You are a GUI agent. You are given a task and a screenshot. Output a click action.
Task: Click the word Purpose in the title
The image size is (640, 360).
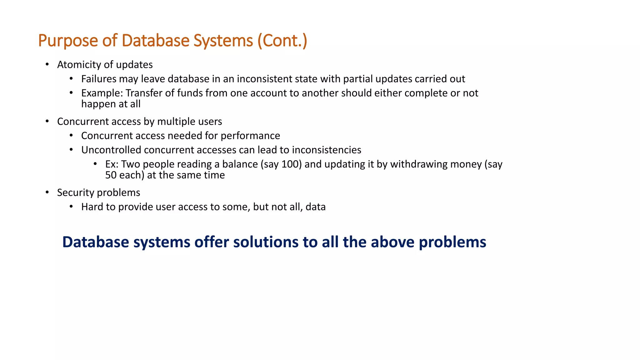point(68,41)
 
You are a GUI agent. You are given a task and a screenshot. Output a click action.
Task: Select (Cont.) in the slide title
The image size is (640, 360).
point(282,41)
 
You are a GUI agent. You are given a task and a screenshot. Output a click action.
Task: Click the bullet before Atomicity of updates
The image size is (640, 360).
point(47,64)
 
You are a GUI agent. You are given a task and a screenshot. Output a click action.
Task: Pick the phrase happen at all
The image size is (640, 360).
point(111,104)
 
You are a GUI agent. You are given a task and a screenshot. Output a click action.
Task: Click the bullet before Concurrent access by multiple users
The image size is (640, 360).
point(47,121)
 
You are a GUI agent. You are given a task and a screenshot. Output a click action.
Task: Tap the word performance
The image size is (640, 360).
point(250,136)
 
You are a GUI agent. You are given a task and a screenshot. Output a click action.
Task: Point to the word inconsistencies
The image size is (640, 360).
point(326,150)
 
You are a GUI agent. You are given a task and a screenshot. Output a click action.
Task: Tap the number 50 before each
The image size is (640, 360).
point(111,175)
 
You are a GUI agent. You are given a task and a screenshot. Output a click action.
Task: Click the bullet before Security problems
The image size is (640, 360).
point(47,192)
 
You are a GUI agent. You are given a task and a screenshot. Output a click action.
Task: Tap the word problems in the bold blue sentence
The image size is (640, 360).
point(452,242)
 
